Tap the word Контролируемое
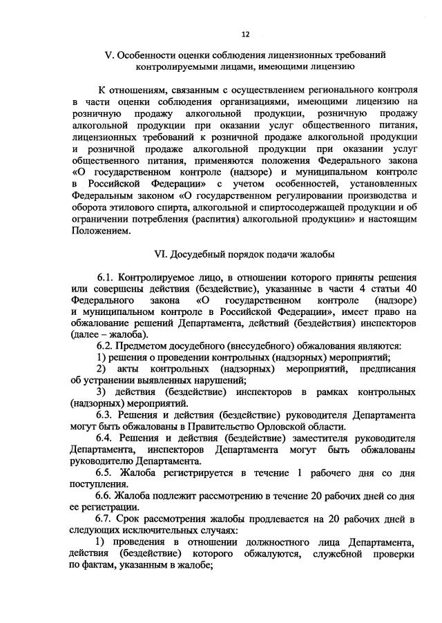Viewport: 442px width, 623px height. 160,277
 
